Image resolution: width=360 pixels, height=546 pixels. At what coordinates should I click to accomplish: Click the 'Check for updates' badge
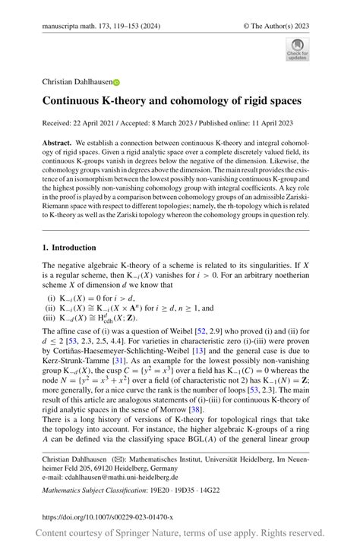pyautogui.click(x=298, y=50)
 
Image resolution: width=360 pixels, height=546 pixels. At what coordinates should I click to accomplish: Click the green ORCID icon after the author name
pyautogui.click(x=116, y=82)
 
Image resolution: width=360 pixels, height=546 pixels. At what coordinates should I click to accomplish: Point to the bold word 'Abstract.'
pyautogui.click(x=58, y=142)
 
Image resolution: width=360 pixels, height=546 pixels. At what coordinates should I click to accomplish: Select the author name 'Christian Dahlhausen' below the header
pyautogui.click(x=77, y=82)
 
